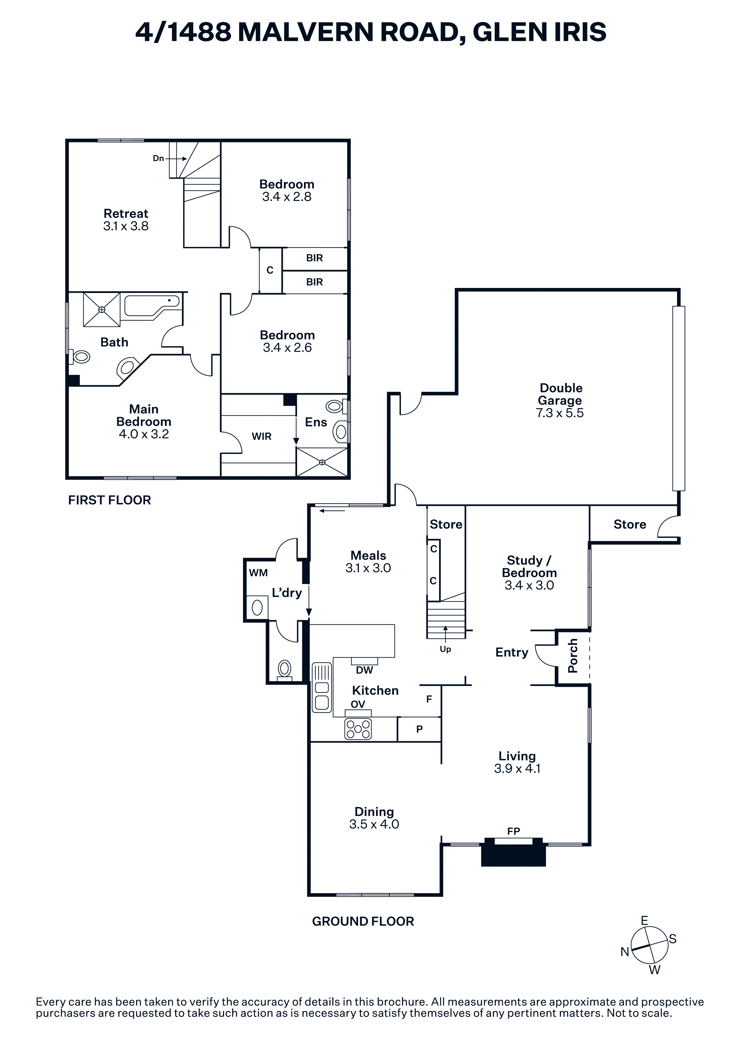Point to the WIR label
pos(262,436)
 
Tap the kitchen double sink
pos(322,687)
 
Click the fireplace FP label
pos(514,831)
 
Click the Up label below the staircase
pos(445,649)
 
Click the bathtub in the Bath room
pos(153,306)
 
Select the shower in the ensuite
pos(322,462)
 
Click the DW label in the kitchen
pos(364,670)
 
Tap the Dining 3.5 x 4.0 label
pos(374,818)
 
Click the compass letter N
pos(625,952)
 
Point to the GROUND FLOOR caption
pos(363,922)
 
